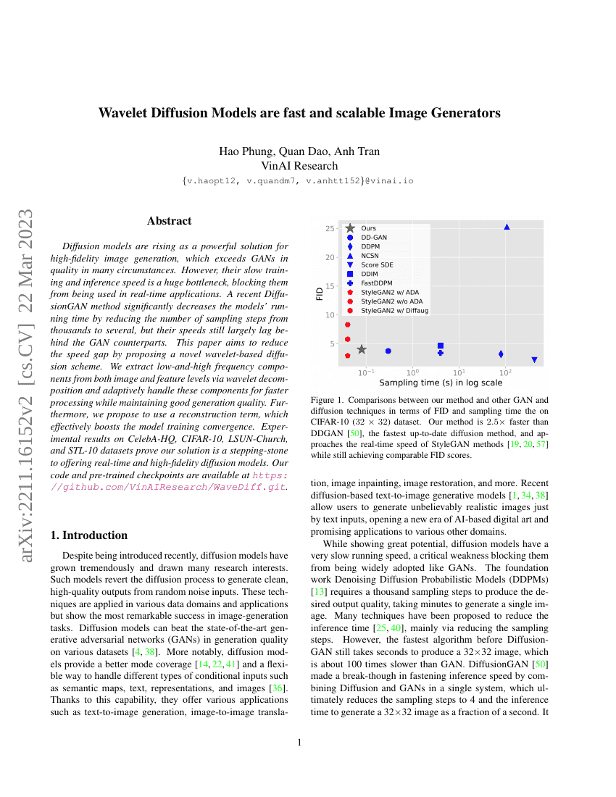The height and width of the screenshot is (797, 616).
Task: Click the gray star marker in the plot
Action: click(362, 349)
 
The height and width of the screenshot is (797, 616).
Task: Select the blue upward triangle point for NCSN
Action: click(507, 227)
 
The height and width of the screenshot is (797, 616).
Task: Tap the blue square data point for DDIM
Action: click(441, 346)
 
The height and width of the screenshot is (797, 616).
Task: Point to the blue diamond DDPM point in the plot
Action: click(501, 354)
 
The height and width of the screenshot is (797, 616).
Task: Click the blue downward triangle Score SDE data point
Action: click(534, 359)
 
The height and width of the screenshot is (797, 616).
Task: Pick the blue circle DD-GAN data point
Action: click(388, 351)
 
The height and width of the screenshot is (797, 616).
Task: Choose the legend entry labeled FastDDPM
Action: click(376, 283)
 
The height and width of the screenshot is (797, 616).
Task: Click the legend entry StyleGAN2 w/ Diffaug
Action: click(394, 310)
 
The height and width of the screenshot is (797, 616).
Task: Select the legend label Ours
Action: click(368, 228)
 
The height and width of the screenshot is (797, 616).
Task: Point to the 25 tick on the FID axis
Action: click(330, 229)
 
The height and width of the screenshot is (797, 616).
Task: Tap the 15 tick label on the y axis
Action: click(330, 286)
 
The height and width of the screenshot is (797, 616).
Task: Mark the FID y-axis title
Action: click(320, 293)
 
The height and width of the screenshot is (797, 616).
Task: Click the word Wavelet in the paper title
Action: click(126, 114)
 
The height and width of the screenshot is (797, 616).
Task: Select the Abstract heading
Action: click(170, 221)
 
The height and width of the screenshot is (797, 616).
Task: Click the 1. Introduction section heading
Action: click(87, 535)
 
